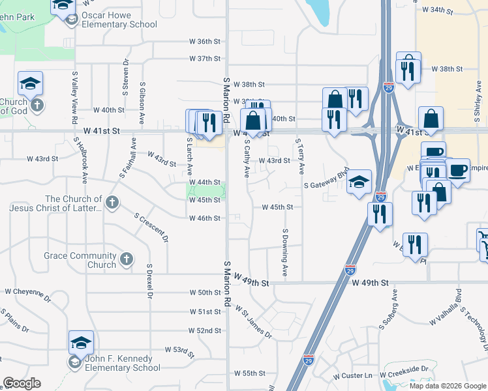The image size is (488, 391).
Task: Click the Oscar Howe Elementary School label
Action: click(120, 20)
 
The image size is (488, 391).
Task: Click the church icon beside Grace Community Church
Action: click(127, 259)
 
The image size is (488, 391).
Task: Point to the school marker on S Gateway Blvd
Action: click(359, 183)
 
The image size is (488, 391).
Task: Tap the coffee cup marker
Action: click(457, 171)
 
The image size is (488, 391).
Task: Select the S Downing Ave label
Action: click(285, 252)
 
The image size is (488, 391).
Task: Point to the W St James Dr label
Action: click(253, 323)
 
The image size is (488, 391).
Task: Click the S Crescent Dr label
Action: click(151, 227)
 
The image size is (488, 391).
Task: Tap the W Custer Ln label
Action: click(352, 376)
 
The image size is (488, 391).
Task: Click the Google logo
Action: click(22, 383)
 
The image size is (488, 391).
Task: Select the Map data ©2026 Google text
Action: click(447, 386)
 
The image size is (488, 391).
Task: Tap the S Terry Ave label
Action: click(300, 157)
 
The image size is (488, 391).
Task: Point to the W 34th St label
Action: click(437, 10)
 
